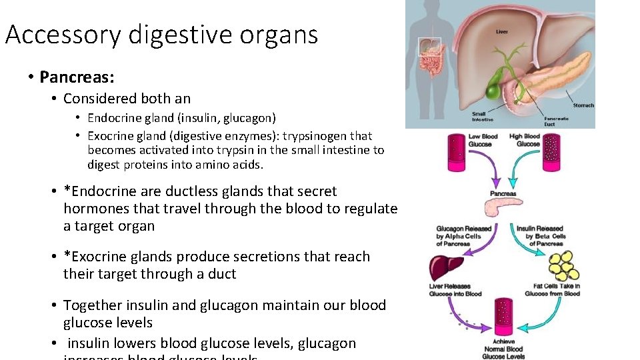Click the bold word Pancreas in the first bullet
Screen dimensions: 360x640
pos(76,77)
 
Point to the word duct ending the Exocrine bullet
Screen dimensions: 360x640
pos(222,274)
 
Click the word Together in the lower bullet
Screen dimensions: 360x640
pos(93,305)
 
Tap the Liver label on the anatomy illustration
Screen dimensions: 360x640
pos(502,31)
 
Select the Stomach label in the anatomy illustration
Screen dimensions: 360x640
pos(583,105)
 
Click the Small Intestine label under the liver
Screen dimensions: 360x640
pos(483,117)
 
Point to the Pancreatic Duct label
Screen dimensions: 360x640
pos(556,121)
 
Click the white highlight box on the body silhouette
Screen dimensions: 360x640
pos(428,47)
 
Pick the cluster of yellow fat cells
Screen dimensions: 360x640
pos(561,267)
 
